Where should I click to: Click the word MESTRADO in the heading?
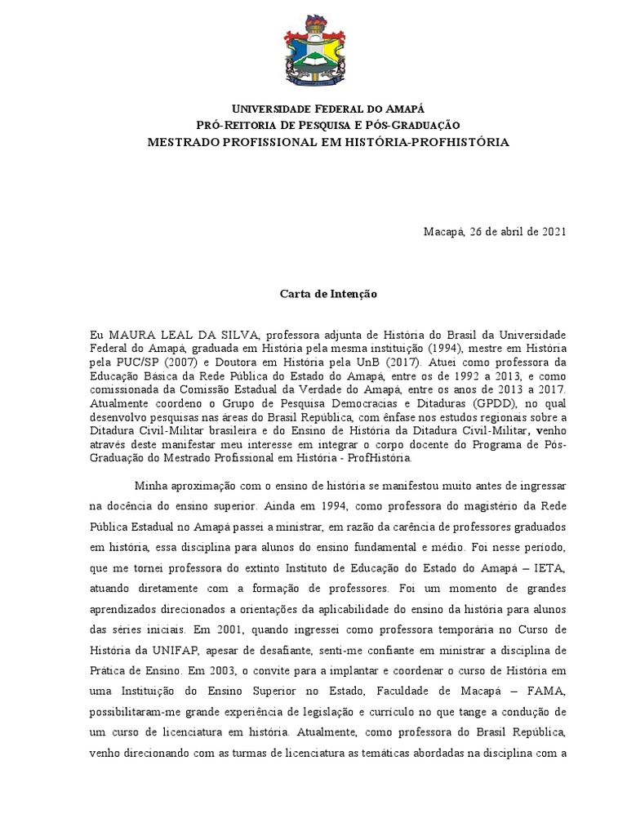180,142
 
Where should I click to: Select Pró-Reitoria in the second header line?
229,125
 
